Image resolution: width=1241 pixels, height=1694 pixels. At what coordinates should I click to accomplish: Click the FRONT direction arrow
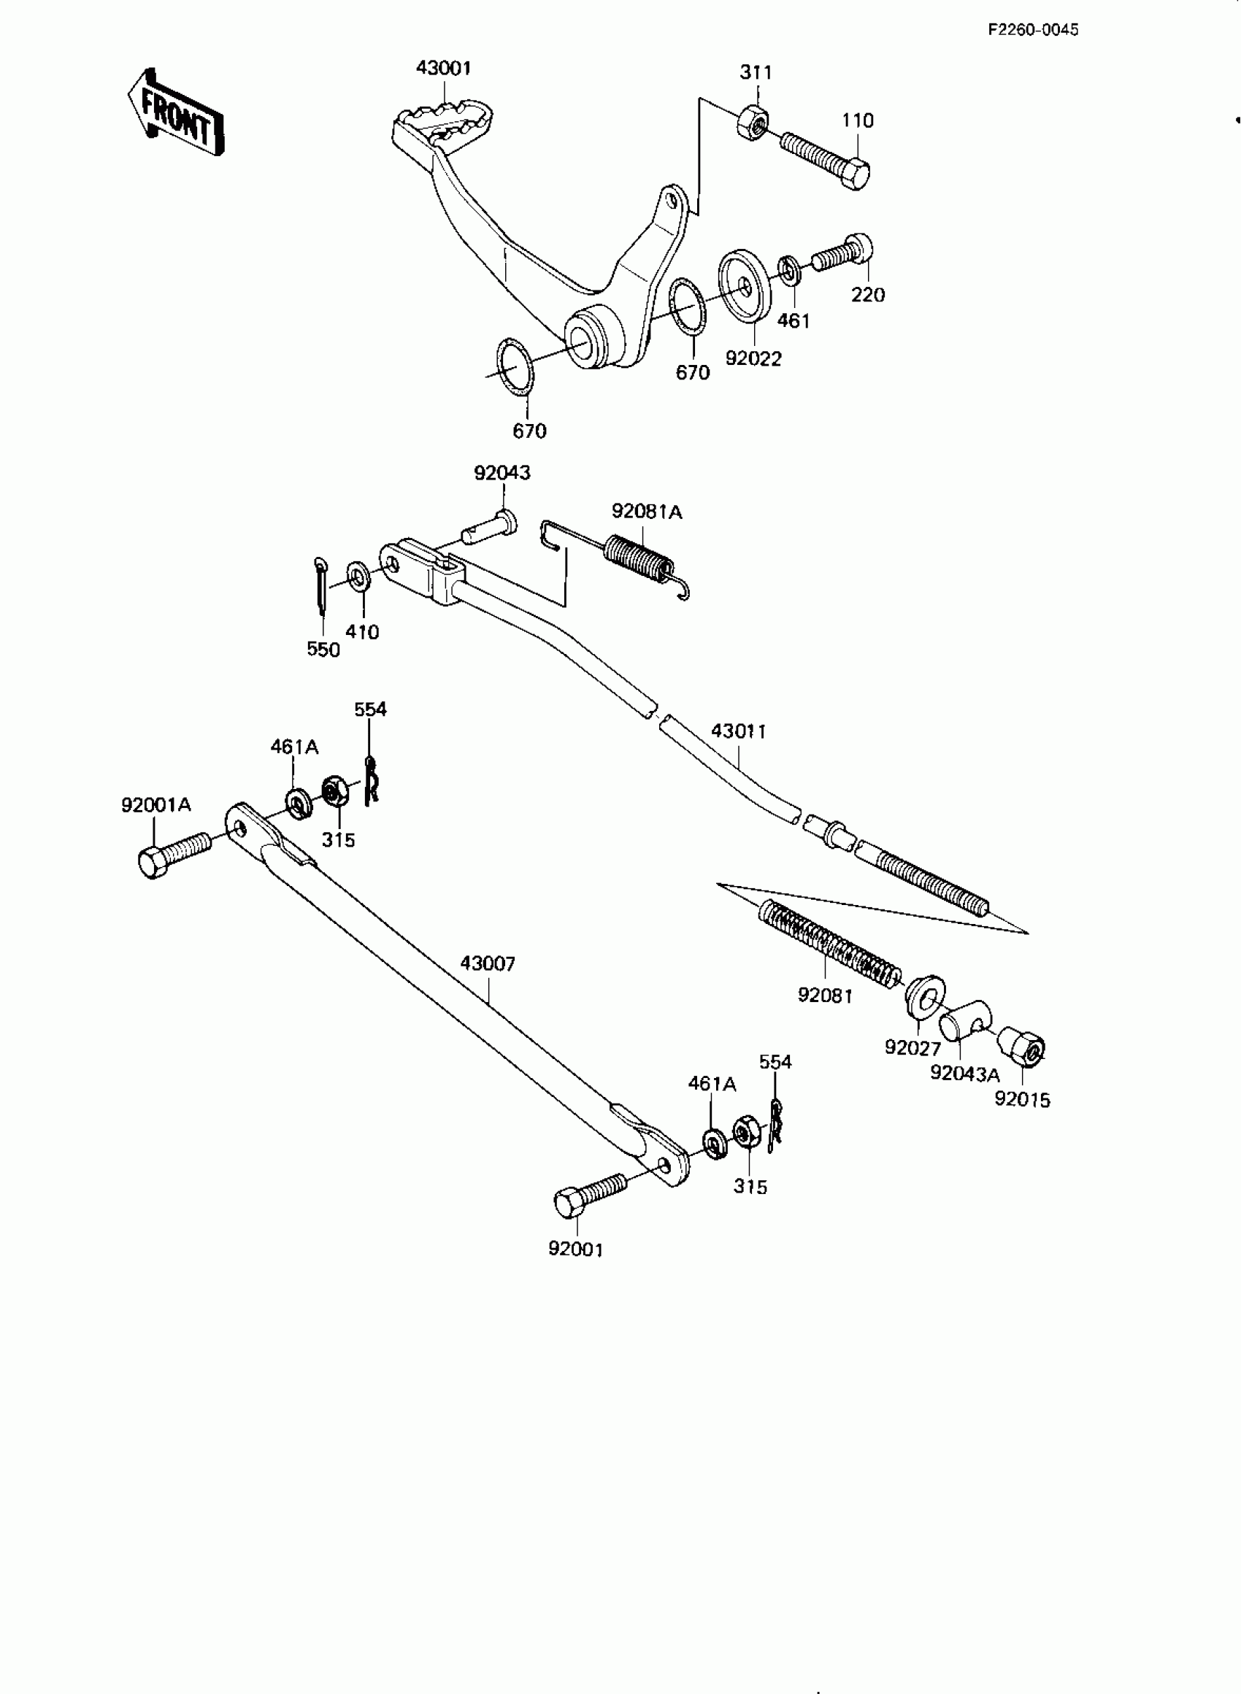point(174,113)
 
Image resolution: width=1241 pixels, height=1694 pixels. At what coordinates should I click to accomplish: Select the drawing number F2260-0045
point(1033,30)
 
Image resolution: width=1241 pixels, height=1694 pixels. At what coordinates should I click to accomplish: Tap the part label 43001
point(443,69)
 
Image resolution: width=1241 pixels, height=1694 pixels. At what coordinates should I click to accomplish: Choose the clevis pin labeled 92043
point(488,526)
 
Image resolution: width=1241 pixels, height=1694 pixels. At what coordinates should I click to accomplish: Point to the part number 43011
point(739,731)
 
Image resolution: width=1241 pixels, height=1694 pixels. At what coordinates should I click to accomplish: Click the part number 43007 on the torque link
point(488,963)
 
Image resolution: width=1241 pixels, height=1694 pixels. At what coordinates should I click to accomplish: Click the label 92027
point(912,1047)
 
